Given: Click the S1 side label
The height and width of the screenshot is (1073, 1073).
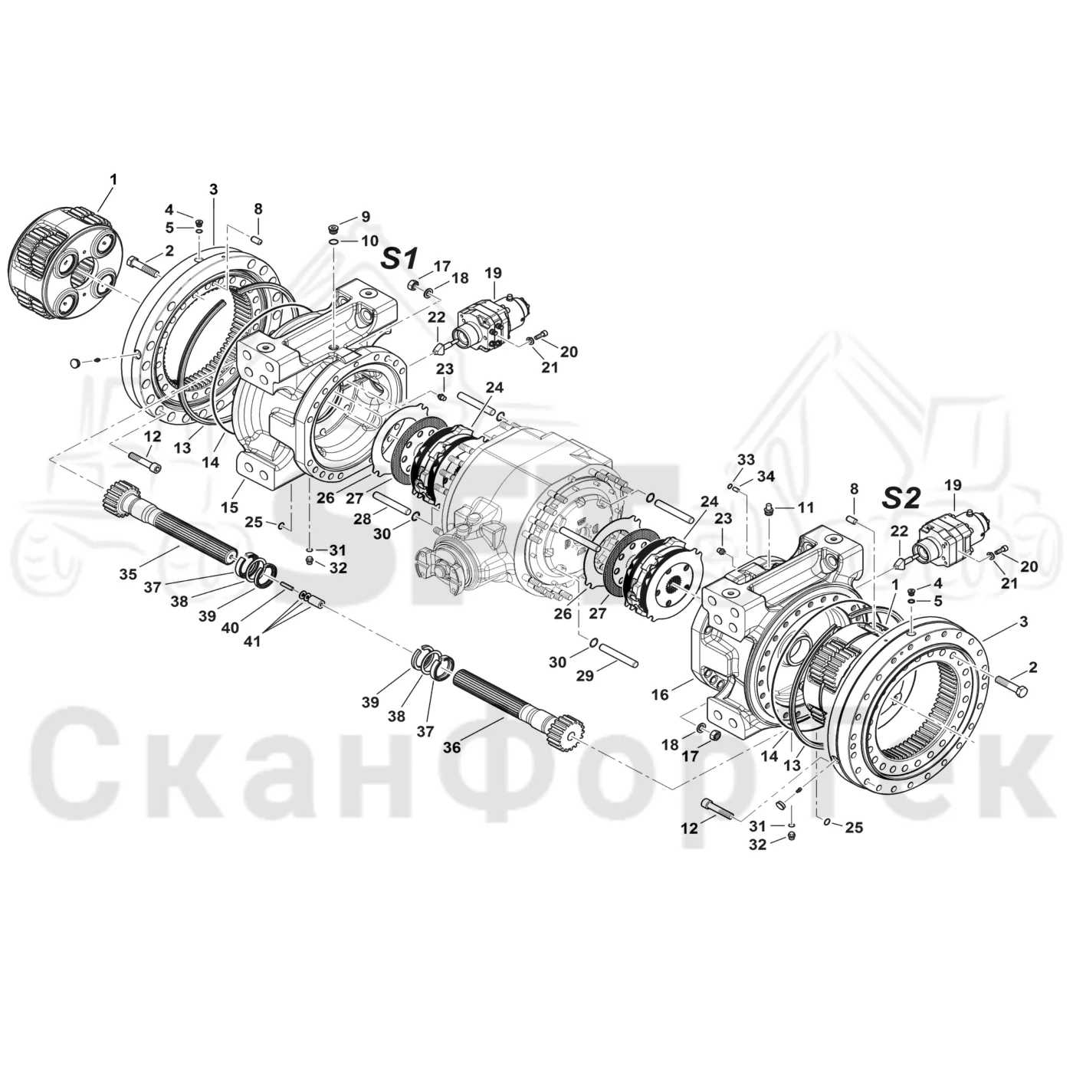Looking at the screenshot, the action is pyautogui.click(x=399, y=258).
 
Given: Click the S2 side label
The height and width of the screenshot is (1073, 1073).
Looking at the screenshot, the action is pyautogui.click(x=901, y=498).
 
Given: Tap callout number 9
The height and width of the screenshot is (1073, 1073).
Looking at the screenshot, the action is pyautogui.click(x=365, y=217).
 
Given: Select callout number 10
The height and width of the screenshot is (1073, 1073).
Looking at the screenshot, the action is pyautogui.click(x=369, y=241).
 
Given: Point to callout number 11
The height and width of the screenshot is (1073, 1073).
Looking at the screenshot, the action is pyautogui.click(x=806, y=507).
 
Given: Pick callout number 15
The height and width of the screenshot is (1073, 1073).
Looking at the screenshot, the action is pyautogui.click(x=229, y=507).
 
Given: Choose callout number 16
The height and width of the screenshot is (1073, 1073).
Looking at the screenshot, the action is pyautogui.click(x=661, y=695).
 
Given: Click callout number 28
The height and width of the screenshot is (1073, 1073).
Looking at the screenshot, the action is pyautogui.click(x=362, y=518).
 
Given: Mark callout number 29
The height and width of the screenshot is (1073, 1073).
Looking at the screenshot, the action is pyautogui.click(x=586, y=675).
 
